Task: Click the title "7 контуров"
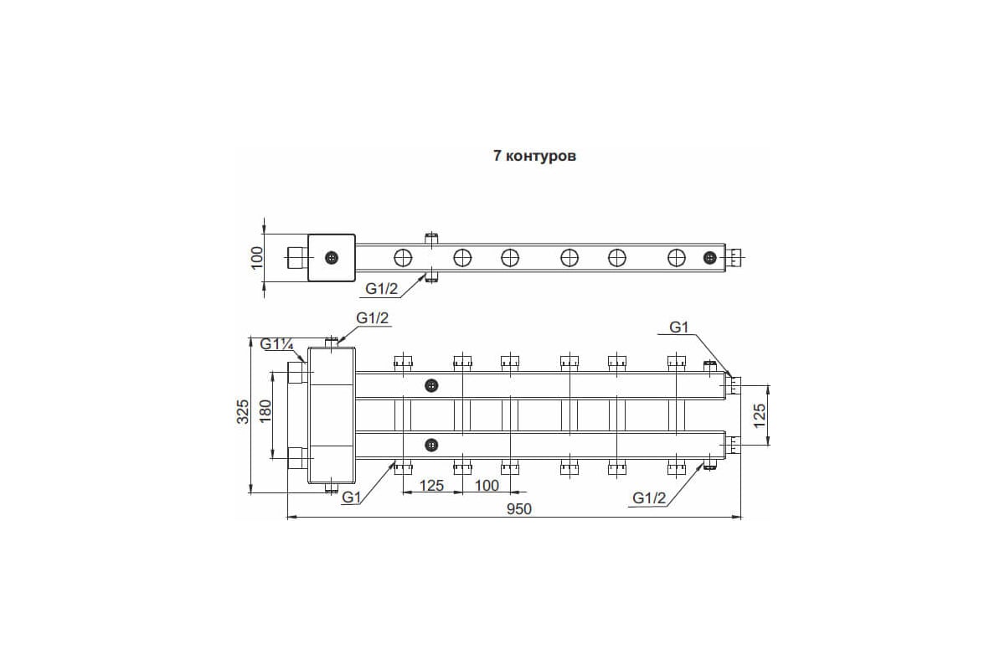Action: [x=534, y=156]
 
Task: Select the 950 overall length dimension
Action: [x=519, y=509]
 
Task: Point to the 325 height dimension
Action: [x=243, y=411]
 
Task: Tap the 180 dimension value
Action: [x=265, y=410]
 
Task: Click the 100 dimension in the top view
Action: [x=258, y=258]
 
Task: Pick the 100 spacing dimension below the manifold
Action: [x=487, y=485]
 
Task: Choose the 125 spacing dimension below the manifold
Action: [x=431, y=485]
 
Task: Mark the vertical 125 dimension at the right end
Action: [x=760, y=415]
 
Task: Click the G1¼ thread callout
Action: [x=277, y=344]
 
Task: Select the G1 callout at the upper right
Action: [x=679, y=327]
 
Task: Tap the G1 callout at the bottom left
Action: [x=351, y=497]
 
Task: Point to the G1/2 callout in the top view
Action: [x=382, y=289]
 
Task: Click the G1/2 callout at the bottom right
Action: [x=649, y=497]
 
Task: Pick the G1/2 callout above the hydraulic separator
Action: [x=373, y=317]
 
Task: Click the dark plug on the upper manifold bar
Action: [x=431, y=385]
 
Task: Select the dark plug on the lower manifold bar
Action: [x=431, y=445]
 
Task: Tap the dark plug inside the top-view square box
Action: [x=332, y=258]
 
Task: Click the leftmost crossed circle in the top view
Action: [x=403, y=258]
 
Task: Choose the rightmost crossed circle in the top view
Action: [x=677, y=258]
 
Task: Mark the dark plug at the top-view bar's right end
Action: [x=710, y=258]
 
